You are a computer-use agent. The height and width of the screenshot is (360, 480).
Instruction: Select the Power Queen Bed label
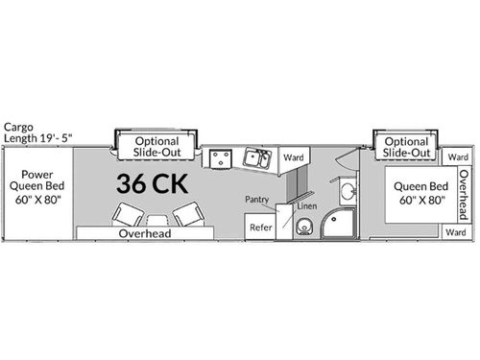36,187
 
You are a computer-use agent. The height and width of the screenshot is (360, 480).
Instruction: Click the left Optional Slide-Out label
156,146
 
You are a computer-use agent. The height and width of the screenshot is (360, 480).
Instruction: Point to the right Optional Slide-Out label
405,147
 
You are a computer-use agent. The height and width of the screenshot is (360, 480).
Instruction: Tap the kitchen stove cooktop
220,157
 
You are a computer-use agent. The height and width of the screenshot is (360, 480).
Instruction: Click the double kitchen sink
255,157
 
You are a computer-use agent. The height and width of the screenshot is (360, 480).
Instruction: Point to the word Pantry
256,199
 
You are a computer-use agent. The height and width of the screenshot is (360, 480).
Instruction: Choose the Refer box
259,227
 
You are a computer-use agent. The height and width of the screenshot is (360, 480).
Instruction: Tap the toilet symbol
303,228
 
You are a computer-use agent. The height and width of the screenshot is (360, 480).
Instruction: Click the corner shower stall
337,222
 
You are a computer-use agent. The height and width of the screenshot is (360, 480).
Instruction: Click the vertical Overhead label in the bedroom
464,193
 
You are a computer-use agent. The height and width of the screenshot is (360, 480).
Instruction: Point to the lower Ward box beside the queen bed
457,232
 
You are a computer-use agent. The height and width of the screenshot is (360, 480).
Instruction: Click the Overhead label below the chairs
144,233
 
